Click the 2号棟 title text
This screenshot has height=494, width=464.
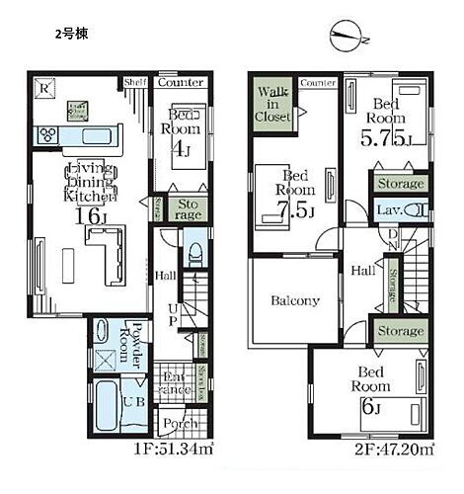[70, 33]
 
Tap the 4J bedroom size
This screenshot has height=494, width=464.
[181, 150]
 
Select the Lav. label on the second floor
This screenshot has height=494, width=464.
[385, 210]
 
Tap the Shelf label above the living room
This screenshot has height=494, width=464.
[135, 82]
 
